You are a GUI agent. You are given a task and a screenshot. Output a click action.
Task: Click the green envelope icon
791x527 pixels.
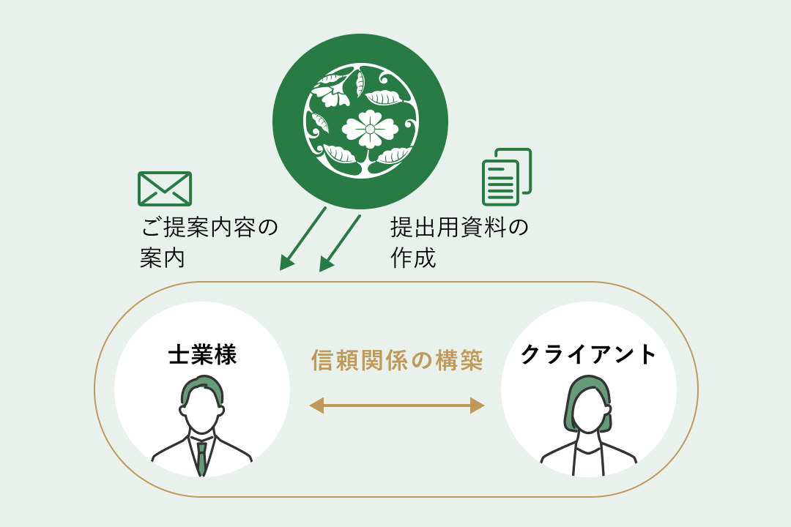(x=165, y=189)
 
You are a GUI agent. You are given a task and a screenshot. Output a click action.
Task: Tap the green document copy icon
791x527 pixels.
(x=507, y=176)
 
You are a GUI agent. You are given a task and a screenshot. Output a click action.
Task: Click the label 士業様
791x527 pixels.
(x=202, y=354)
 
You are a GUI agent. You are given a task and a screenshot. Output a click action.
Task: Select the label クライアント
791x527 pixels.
(x=588, y=354)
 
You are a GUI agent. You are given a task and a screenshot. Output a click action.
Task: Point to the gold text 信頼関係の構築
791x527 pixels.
(x=397, y=360)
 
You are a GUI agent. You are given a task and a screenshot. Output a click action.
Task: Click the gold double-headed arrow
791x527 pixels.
(x=396, y=405)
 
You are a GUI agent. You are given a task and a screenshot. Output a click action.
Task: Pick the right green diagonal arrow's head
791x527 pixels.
(x=327, y=263)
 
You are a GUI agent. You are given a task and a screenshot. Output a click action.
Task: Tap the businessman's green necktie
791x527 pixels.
(x=201, y=458)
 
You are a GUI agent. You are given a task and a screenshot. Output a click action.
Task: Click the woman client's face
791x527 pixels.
(x=588, y=409)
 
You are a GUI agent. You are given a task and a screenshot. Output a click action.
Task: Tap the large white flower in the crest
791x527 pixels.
(x=370, y=129)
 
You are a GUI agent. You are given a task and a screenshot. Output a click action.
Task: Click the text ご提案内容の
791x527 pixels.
(x=209, y=228)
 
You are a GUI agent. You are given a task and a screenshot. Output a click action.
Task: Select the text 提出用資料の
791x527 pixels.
(x=459, y=228)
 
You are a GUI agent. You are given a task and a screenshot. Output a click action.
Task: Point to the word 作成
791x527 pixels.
(x=413, y=258)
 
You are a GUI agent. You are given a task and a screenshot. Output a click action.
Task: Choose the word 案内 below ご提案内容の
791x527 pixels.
(x=163, y=258)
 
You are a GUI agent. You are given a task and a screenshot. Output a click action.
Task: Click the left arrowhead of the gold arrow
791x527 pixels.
(x=316, y=405)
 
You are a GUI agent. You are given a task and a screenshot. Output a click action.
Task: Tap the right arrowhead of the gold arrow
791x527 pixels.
(x=478, y=405)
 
